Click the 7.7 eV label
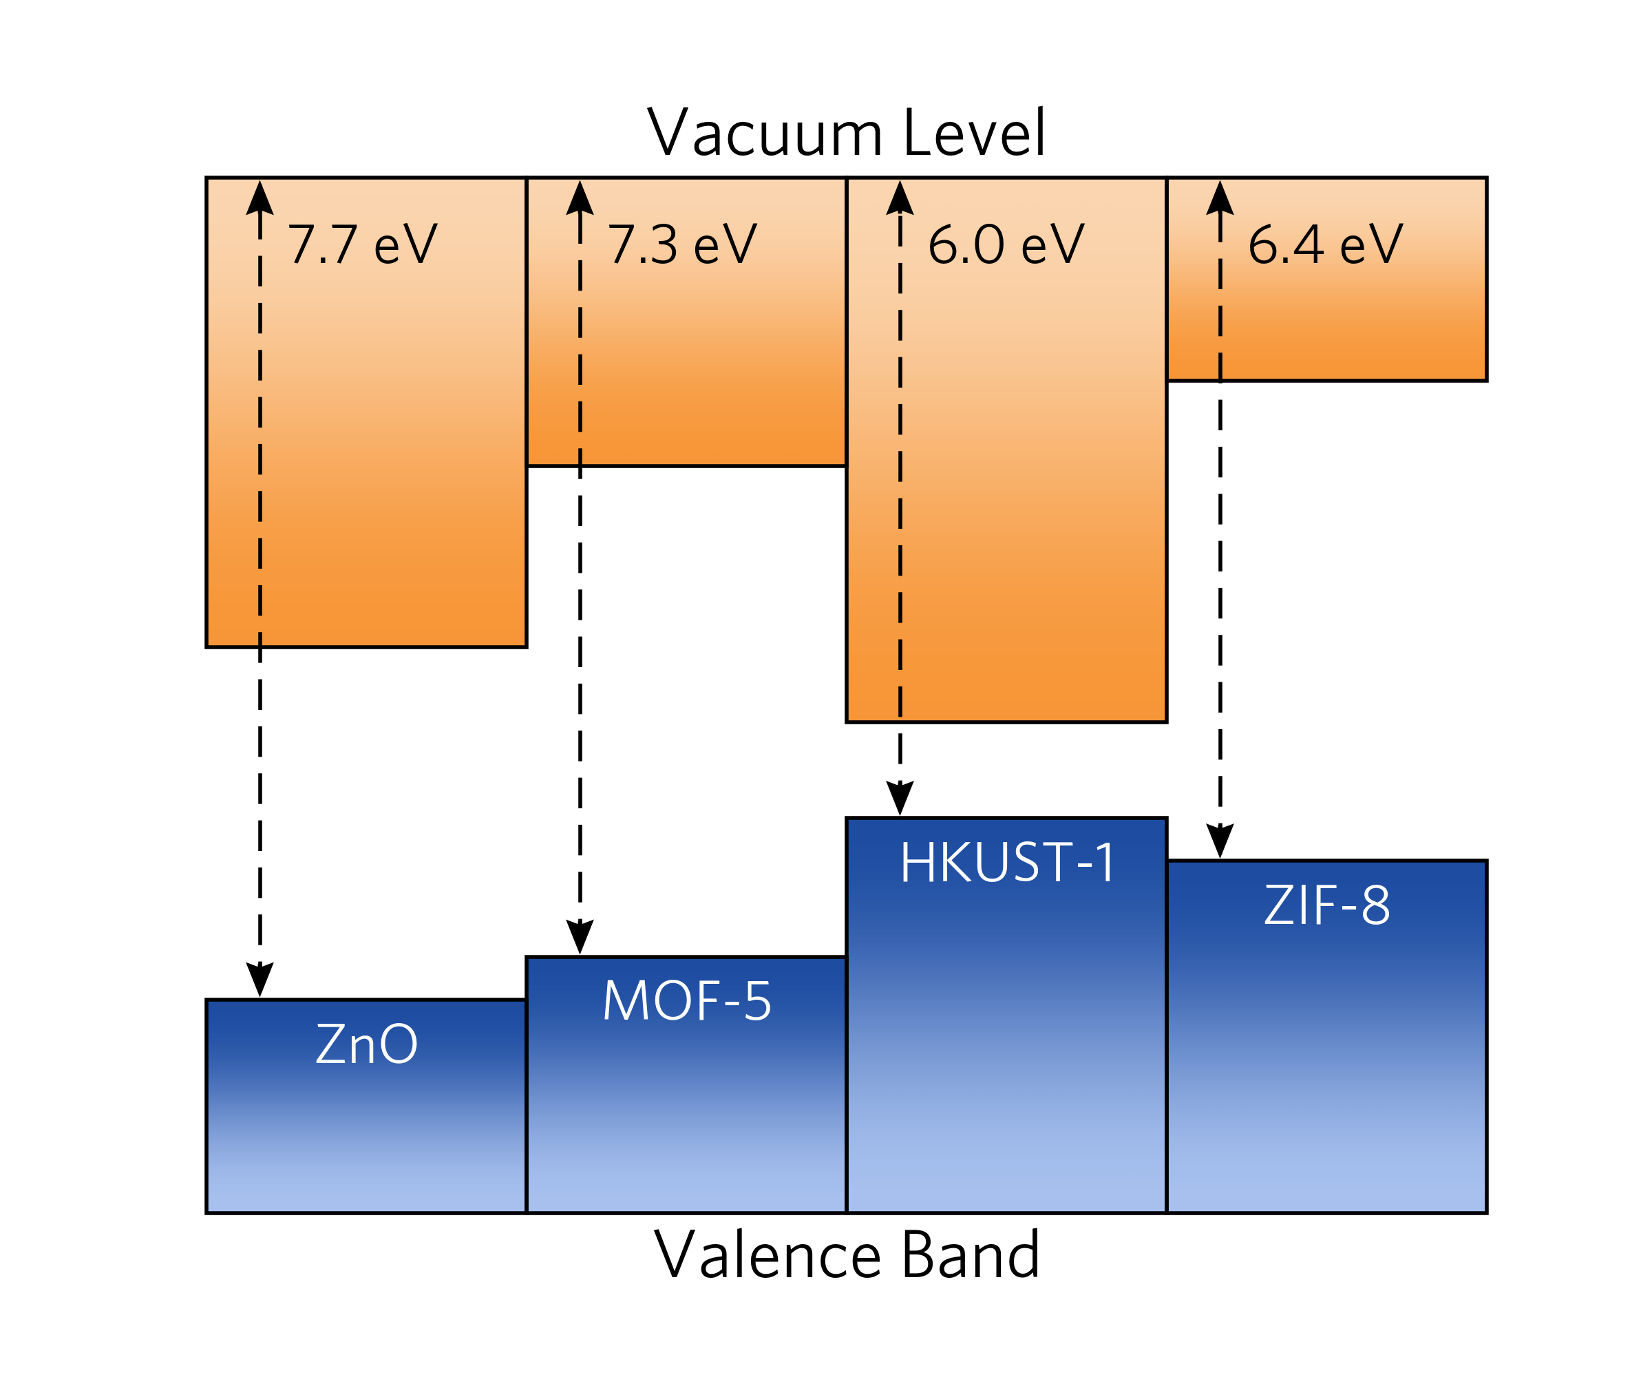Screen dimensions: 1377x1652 tap(363, 244)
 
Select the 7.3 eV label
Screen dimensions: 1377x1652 tap(682, 244)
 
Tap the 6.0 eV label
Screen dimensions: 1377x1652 tap(1006, 244)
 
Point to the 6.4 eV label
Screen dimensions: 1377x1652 tap(1326, 244)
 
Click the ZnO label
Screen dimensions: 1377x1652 tap(367, 1044)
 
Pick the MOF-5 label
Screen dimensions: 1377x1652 tap(687, 1002)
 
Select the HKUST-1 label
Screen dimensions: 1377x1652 tap(1008, 863)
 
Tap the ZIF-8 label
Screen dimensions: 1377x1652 tap(1327, 905)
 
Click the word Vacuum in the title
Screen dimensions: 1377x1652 tap(765, 133)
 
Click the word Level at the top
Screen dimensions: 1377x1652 tap(975, 133)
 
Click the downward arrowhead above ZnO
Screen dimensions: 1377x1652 tap(260, 979)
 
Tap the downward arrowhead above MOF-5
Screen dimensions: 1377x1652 tap(580, 936)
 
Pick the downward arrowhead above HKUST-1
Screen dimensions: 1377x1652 tap(900, 798)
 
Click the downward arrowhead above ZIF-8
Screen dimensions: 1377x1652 tap(1219, 841)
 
